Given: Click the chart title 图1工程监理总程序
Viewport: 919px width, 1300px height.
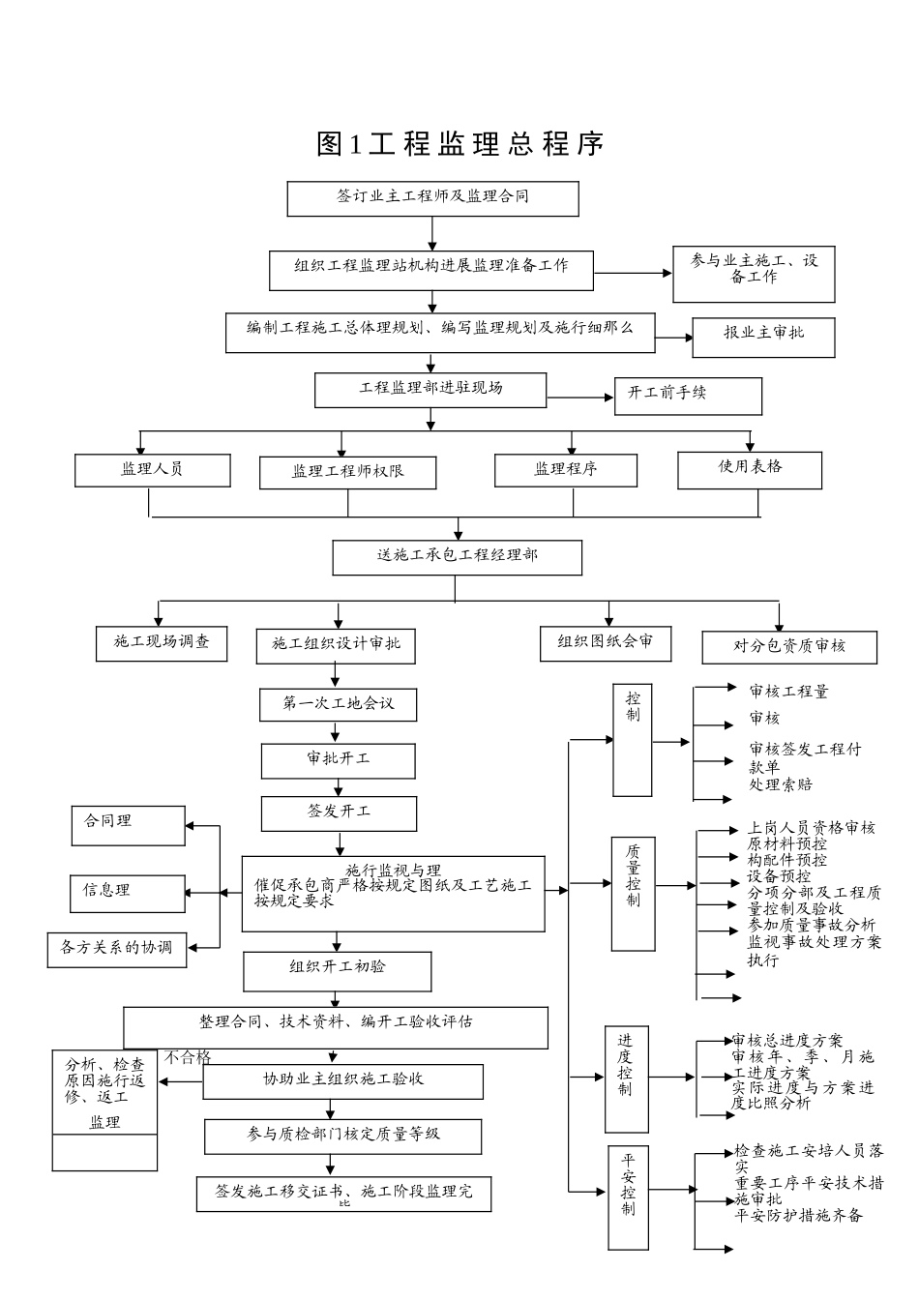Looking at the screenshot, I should pyautogui.click(x=460, y=144).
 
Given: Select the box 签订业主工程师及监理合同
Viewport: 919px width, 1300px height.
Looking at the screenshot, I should pyautogui.click(x=432, y=197).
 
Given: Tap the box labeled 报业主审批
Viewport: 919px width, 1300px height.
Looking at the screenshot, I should pyautogui.click(x=763, y=334).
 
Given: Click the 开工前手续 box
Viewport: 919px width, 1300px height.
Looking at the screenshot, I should pyautogui.click(x=688, y=395).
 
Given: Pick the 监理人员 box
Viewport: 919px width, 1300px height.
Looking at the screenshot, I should pyautogui.click(x=153, y=470).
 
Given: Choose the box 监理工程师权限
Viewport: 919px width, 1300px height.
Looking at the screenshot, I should pyautogui.click(x=347, y=472).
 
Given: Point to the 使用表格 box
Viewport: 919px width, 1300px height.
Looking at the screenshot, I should pyautogui.click(x=750, y=468).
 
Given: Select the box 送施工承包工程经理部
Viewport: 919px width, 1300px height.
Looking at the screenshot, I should pyautogui.click(x=457, y=557).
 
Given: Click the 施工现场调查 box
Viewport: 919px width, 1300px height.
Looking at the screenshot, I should pyautogui.click(x=162, y=642).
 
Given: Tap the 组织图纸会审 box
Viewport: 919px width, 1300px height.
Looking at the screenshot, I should pyautogui.click(x=606, y=642).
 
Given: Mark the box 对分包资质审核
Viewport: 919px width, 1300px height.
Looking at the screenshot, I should pyautogui.click(x=789, y=646).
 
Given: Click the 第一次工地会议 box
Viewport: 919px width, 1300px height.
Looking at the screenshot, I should pyautogui.click(x=338, y=704).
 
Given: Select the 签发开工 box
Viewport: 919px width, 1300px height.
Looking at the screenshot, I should pyautogui.click(x=339, y=812).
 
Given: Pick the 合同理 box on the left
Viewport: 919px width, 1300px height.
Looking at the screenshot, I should pyautogui.click(x=128, y=824).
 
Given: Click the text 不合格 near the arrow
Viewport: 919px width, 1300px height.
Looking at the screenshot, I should pyautogui.click(x=187, y=1057).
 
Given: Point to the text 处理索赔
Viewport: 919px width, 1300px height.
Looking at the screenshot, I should pyautogui.click(x=781, y=784).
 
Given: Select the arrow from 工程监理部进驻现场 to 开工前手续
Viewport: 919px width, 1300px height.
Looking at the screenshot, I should pyautogui.click(x=580, y=397).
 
